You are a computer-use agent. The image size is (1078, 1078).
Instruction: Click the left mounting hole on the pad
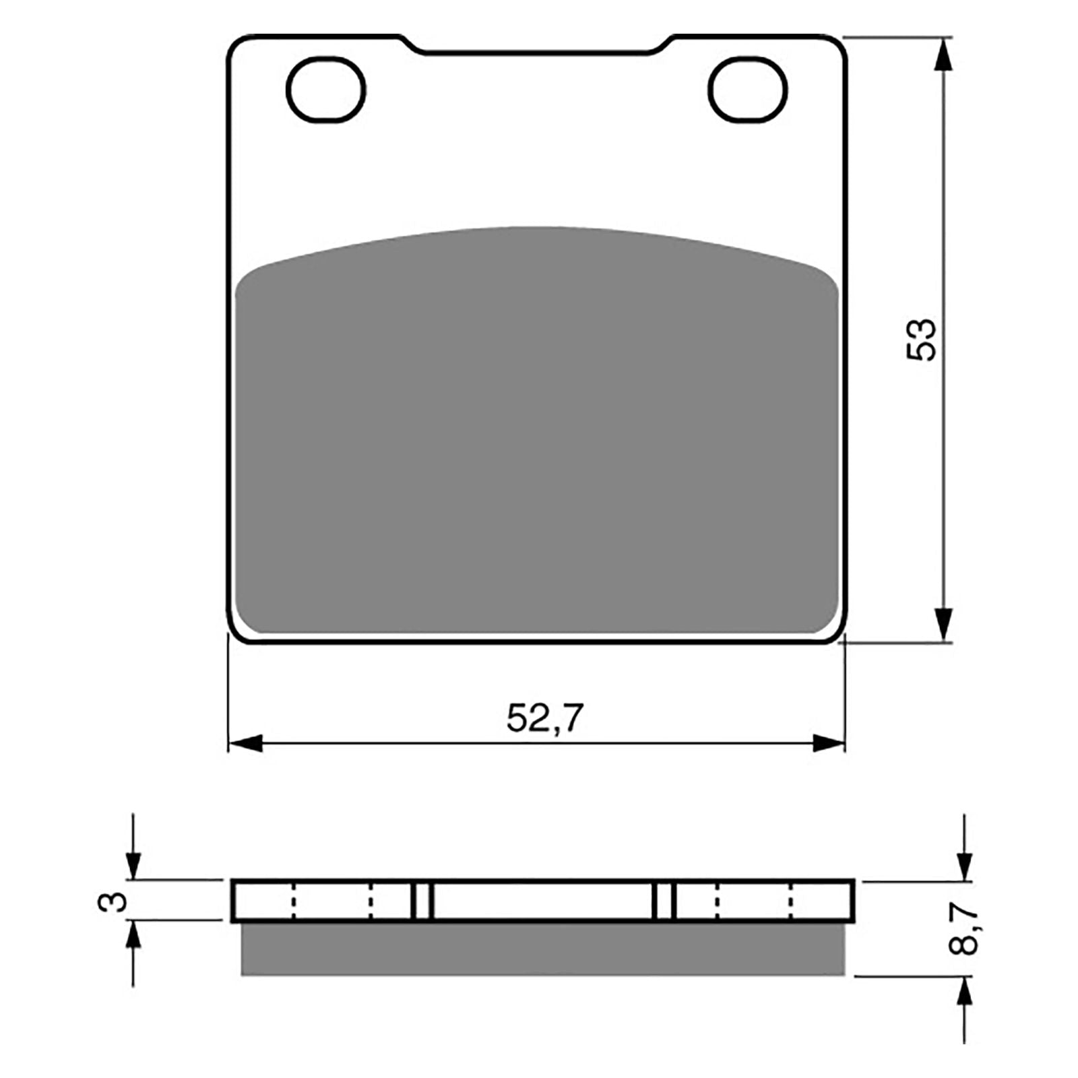(x=326, y=90)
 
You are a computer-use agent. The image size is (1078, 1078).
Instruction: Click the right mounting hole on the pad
(x=748, y=90)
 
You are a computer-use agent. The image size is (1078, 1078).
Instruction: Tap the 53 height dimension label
(x=922, y=340)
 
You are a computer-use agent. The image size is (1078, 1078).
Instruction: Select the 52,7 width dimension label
(x=543, y=718)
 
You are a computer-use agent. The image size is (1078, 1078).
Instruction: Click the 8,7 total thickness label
(x=963, y=929)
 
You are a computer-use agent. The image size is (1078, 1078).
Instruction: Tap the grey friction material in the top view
(x=536, y=438)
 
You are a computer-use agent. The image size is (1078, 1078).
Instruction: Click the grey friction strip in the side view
(x=542, y=949)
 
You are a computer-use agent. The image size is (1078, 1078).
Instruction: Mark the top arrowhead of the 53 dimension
(x=945, y=54)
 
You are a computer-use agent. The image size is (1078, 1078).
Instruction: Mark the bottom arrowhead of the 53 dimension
(x=945, y=623)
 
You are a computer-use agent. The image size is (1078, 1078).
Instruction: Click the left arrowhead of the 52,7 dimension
(x=246, y=744)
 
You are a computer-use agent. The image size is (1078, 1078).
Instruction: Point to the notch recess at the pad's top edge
(x=537, y=47)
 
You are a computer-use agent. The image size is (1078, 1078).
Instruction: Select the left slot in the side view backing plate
(x=422, y=900)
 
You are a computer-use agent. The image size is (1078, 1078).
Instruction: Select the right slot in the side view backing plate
(x=664, y=900)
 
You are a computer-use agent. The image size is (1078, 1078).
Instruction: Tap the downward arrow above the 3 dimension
(x=134, y=864)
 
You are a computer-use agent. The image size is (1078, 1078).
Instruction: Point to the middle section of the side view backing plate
(x=542, y=900)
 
